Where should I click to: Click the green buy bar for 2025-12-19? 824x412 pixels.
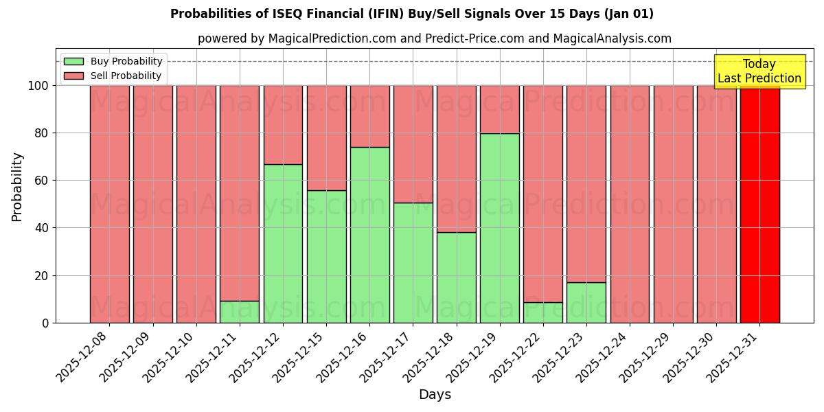(499, 228)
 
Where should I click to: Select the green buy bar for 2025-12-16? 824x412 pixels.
(369, 235)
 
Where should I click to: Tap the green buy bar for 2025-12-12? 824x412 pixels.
(283, 243)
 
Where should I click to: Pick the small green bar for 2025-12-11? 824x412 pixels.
(240, 312)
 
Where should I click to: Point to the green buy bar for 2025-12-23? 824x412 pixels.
(586, 302)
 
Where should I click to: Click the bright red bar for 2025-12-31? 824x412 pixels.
(759, 204)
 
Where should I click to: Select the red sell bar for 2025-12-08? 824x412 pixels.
(110, 204)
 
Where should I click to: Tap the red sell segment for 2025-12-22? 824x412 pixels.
(543, 194)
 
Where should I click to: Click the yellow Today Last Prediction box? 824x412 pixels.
(759, 71)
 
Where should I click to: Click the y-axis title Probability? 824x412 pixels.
(17, 186)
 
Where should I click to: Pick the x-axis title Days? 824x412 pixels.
(435, 395)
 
